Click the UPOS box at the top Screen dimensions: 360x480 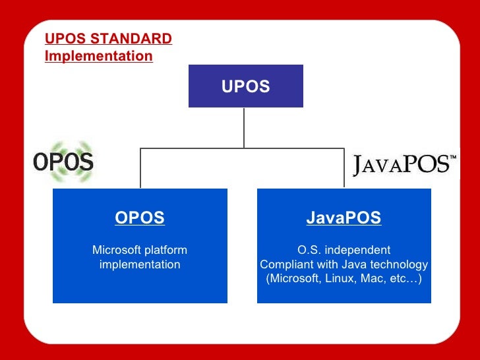[x=245, y=86]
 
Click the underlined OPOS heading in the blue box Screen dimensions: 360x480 [x=140, y=218]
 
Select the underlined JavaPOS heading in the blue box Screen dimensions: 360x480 [x=344, y=218]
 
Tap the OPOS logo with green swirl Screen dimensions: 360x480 [x=64, y=161]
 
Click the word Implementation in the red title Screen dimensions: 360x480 [x=98, y=57]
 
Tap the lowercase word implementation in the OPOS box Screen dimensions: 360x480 [x=140, y=265]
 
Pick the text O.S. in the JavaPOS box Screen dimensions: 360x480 [x=309, y=251]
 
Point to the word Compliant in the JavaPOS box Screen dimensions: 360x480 [x=285, y=265]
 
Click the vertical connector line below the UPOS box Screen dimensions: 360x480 [x=244, y=127]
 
